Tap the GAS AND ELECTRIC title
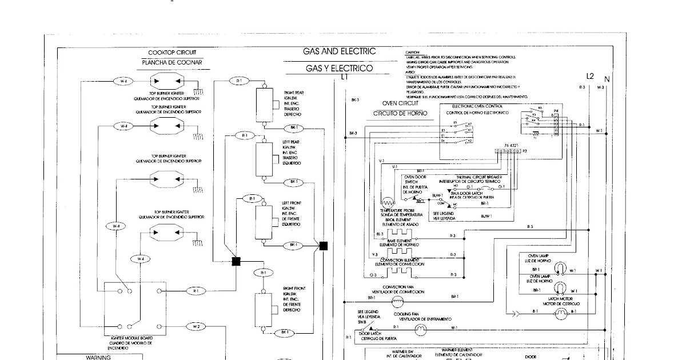(340, 51)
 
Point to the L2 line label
(590, 76)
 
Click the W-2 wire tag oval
(196, 327)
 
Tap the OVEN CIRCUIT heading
(396, 103)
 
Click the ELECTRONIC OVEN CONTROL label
(477, 106)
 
